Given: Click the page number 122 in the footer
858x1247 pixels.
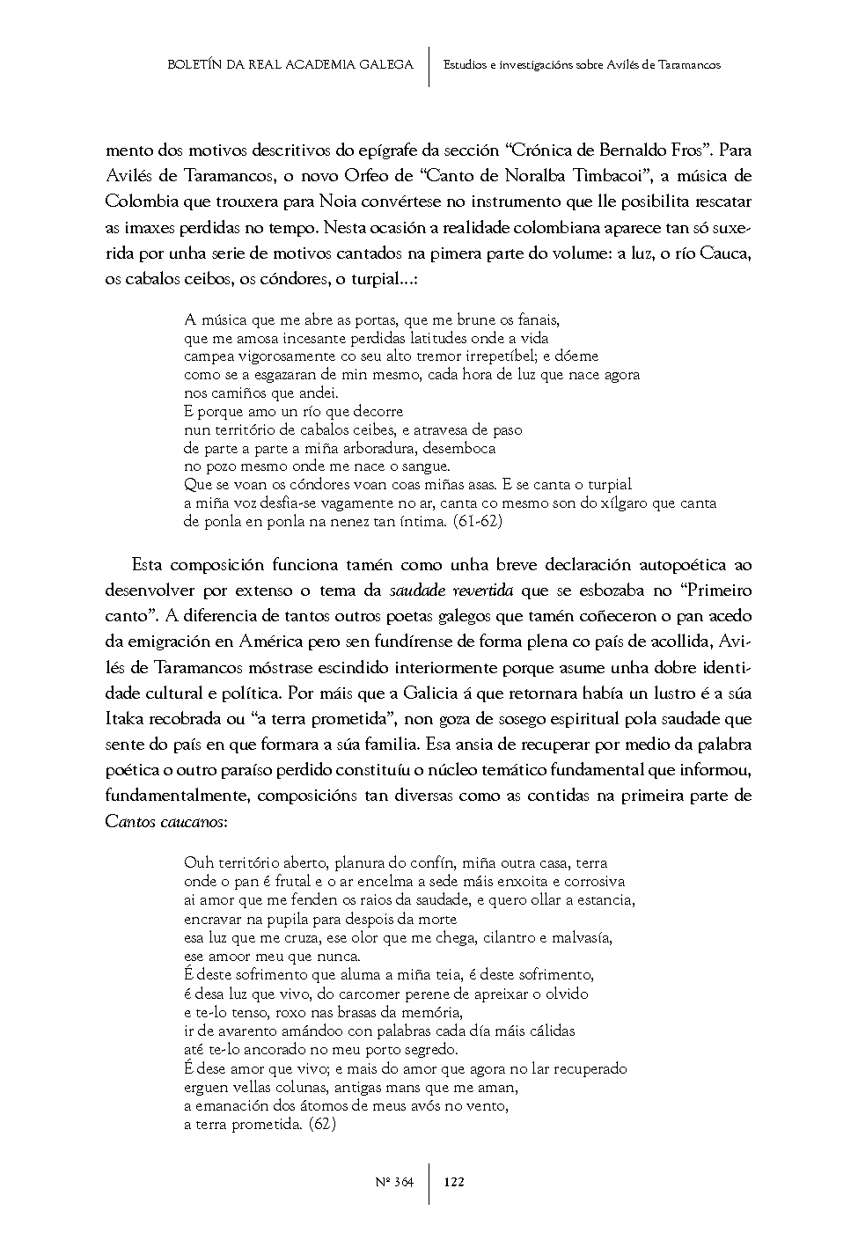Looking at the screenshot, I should click(x=454, y=1182).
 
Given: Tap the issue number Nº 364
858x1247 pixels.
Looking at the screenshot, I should click(x=394, y=1182).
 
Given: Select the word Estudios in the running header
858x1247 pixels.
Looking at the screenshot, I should click(x=466, y=65).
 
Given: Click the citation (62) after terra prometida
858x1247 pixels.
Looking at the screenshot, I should click(x=323, y=1125).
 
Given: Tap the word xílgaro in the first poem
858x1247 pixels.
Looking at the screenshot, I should click(x=630, y=503).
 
